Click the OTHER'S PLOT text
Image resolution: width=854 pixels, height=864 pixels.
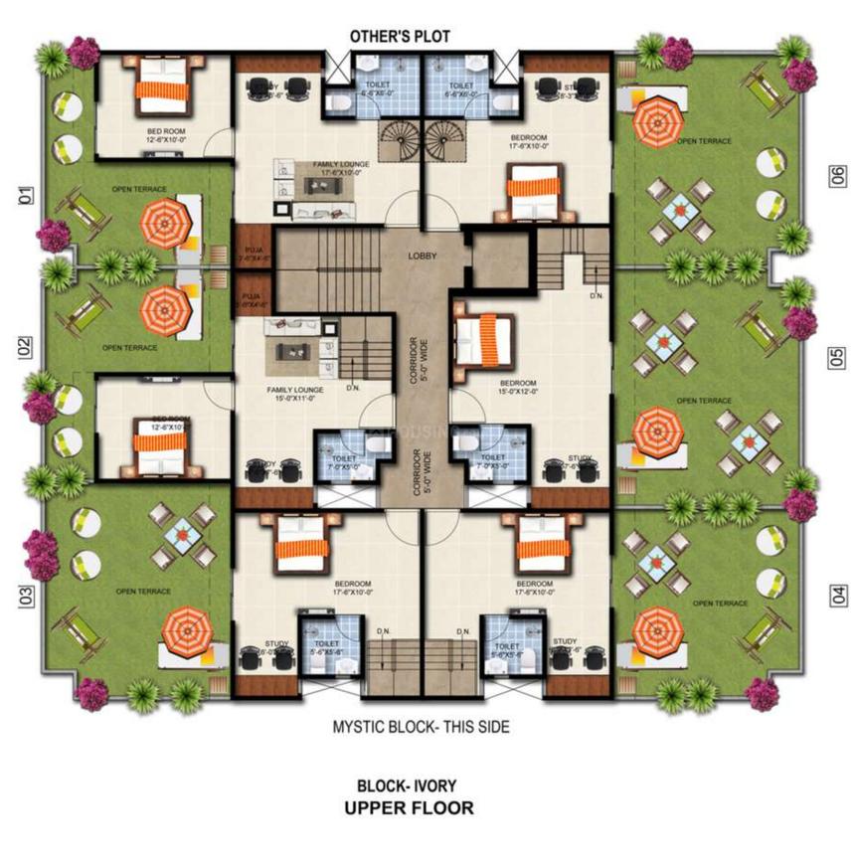tap(400, 37)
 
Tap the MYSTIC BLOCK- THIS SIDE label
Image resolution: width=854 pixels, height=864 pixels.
tap(421, 727)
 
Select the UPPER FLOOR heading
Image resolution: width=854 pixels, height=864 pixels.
tap(409, 807)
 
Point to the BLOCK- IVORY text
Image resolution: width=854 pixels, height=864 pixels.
tap(408, 784)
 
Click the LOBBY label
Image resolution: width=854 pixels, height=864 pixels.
tap(423, 256)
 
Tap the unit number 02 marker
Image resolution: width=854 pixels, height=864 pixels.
tap(24, 347)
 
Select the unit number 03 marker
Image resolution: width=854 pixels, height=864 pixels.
tap(24, 597)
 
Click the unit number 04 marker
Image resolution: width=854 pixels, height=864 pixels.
tap(838, 596)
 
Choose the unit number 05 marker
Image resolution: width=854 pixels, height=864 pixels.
tap(838, 357)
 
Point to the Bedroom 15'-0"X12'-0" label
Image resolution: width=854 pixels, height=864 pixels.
tap(518, 387)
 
